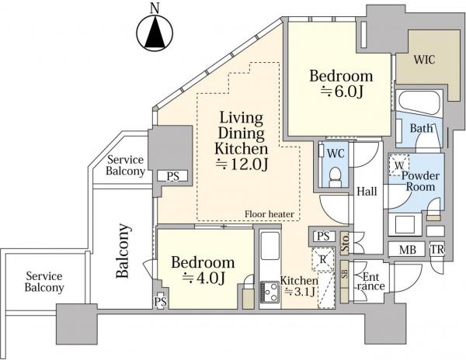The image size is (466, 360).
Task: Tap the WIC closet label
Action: (424, 60)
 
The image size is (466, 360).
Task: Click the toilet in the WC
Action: (336, 177)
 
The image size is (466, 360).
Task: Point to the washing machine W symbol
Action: (399, 165)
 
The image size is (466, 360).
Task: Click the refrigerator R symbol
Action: (323, 259)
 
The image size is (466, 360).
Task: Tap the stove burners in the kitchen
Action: (270, 292)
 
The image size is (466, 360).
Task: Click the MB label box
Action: (407, 249)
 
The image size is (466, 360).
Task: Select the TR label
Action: (436, 250)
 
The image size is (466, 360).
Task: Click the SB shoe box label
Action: (344, 274)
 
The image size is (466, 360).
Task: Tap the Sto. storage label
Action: (345, 244)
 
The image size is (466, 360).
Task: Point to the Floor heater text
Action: (270, 214)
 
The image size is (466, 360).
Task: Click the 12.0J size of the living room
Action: (242, 164)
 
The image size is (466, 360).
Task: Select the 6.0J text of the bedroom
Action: (342, 92)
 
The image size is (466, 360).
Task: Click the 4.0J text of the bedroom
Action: (203, 278)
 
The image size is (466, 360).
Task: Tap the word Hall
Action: (367, 192)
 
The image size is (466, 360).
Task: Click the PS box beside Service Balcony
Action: (172, 176)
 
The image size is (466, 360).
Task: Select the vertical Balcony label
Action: (123, 251)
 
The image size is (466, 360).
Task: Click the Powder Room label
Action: (420, 182)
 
